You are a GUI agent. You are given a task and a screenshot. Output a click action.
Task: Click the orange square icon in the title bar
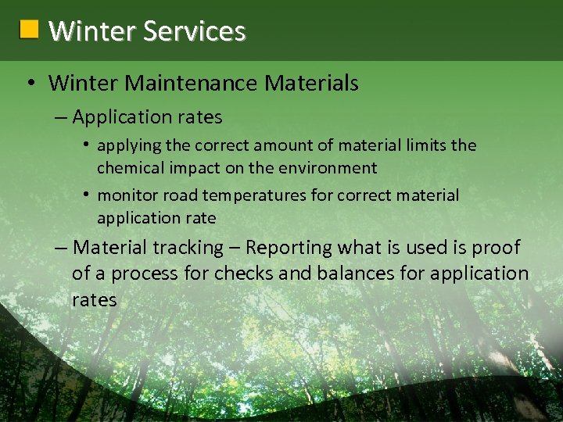coord(29,30)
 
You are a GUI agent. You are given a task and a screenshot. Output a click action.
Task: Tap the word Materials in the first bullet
coord(313,83)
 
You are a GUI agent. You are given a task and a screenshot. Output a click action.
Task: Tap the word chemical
coord(127,168)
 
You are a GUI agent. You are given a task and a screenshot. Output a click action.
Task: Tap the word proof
coord(496,248)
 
